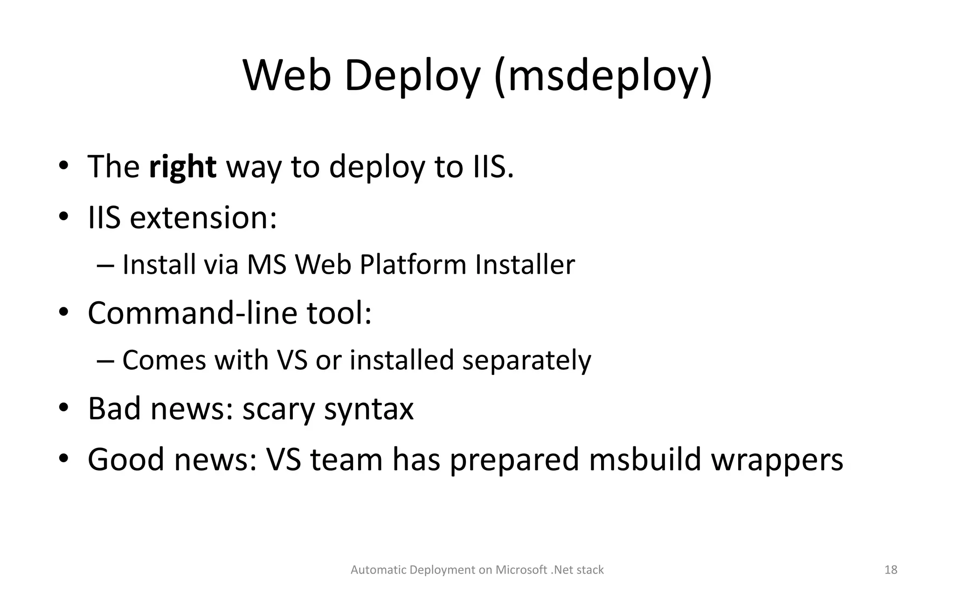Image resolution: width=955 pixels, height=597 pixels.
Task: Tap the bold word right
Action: pyautogui.click(x=182, y=167)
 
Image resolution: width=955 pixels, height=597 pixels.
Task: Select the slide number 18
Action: pyautogui.click(x=891, y=570)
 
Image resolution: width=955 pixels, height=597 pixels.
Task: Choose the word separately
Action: pyautogui.click(x=526, y=361)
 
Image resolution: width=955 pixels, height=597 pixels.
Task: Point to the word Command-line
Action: pyautogui.click(x=193, y=313)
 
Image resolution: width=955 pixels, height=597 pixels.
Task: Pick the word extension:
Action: pyautogui.click(x=203, y=218)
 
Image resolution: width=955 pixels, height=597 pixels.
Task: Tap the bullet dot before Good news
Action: pyautogui.click(x=64, y=458)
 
